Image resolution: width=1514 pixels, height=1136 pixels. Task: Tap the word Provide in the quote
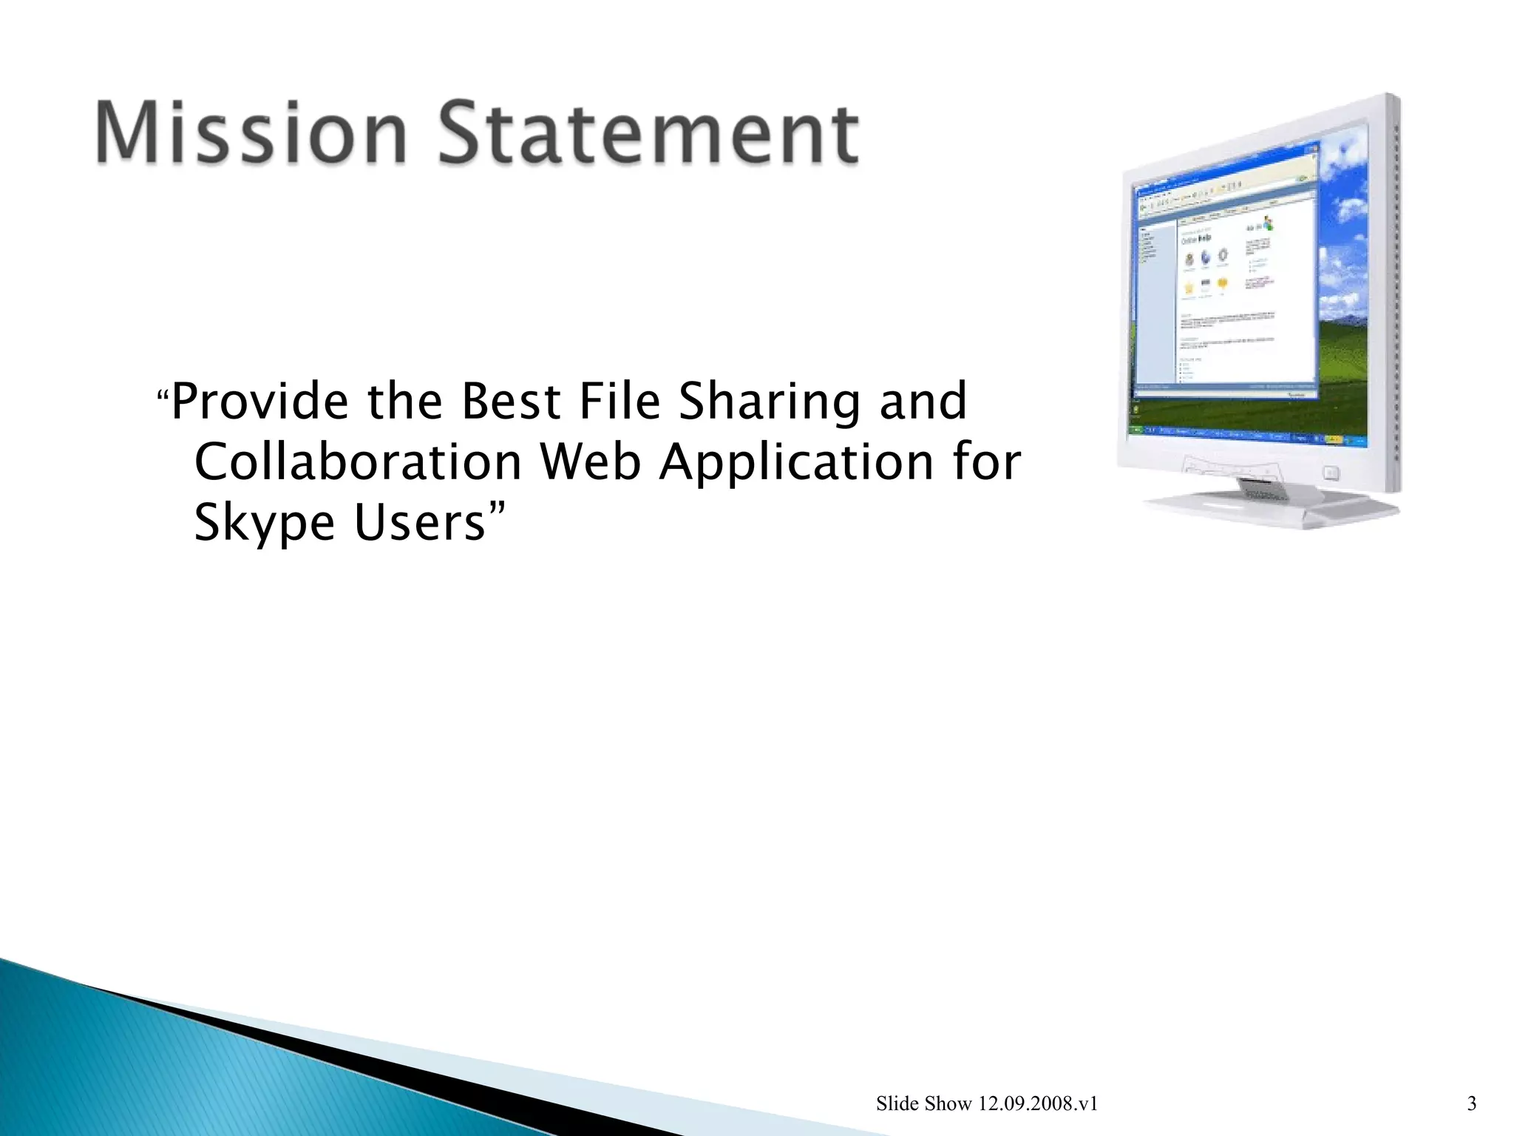click(x=260, y=402)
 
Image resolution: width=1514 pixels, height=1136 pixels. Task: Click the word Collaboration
click(x=359, y=462)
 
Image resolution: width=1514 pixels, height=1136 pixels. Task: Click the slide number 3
click(x=1471, y=1104)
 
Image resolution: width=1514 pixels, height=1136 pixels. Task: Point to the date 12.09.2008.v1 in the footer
click(x=1038, y=1104)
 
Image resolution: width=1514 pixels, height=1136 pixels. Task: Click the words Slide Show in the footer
click(x=923, y=1104)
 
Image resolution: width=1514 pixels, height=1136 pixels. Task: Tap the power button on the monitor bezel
click(x=1331, y=472)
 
